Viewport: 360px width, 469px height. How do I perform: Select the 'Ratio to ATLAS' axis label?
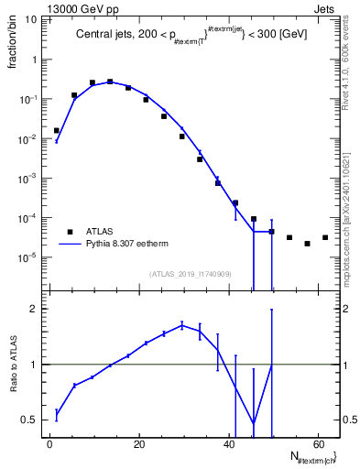point(13,366)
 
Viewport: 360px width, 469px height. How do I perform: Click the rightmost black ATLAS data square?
point(325,237)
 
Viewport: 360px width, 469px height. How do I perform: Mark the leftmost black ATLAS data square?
point(57,131)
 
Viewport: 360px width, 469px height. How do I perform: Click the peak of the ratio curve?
point(182,324)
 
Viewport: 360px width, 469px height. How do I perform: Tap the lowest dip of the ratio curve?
point(254,423)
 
